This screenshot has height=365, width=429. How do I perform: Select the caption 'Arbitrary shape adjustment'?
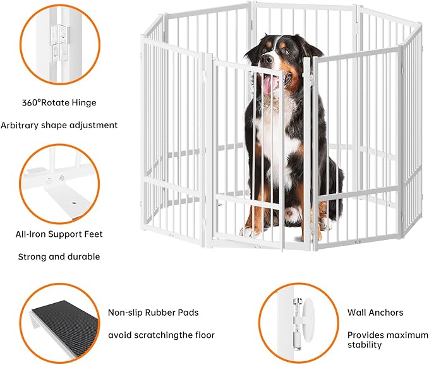(x=68, y=125)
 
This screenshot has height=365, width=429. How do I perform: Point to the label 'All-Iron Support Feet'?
(x=59, y=234)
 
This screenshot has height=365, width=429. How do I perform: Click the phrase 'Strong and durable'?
(x=58, y=257)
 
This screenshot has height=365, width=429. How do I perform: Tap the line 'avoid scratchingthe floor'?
(x=161, y=335)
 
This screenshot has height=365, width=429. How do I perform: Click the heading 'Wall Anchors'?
(x=375, y=312)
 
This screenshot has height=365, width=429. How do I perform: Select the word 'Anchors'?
(x=385, y=312)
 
